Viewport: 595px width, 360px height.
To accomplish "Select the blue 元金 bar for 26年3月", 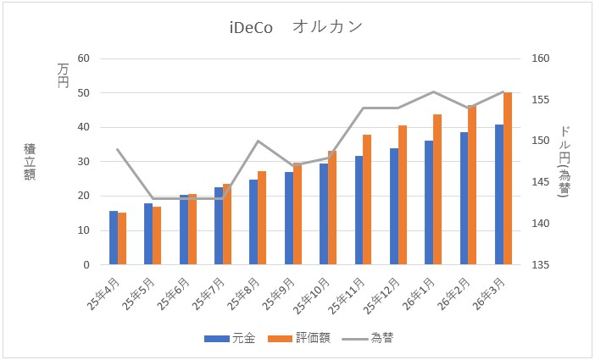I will (499, 195).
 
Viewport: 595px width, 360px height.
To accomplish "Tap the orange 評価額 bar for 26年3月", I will (508, 179).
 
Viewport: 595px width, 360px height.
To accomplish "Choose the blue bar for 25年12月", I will (394, 207).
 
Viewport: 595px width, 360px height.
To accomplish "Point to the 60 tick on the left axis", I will (83, 58).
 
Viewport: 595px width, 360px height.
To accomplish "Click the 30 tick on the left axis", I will (83, 162).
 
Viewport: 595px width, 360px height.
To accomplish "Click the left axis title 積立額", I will (30, 162).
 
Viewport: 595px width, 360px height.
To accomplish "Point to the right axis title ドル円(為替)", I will (565, 162).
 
